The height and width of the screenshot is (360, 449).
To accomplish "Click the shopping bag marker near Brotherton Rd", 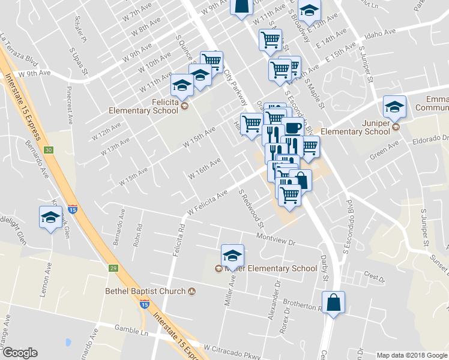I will tap(333, 302).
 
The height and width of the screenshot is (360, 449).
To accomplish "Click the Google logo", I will tap(19, 353).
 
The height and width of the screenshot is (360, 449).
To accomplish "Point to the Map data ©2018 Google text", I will tap(411, 355).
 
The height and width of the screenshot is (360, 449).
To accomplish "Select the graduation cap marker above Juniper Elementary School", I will tap(394, 107).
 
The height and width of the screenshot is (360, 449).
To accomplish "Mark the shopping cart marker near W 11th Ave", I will tap(270, 40).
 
